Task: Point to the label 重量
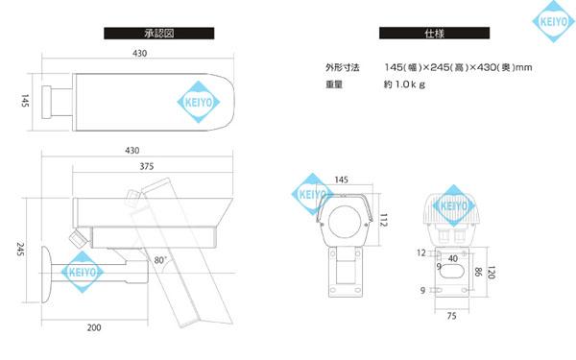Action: click(334, 84)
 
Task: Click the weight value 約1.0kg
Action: click(404, 84)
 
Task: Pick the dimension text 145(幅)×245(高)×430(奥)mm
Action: click(457, 67)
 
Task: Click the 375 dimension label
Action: click(147, 167)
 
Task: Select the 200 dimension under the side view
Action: click(94, 328)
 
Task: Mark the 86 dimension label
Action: click(477, 273)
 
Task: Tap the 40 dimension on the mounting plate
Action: click(452, 256)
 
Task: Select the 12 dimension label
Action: click(421, 253)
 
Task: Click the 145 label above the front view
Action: click(342, 180)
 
